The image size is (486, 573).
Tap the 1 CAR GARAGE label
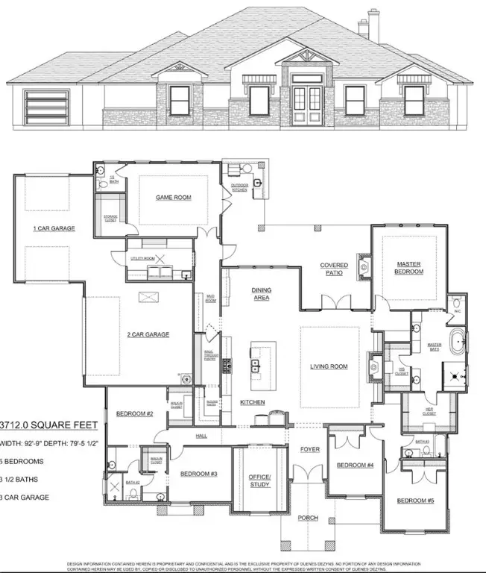(x=54, y=228)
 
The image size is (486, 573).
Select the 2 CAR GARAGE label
(x=148, y=334)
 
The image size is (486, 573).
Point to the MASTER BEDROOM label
(x=409, y=268)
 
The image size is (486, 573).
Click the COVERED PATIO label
(x=335, y=269)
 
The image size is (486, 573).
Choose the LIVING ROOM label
(x=329, y=366)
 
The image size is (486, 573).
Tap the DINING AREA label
(x=261, y=293)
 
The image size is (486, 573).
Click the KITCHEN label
(x=252, y=402)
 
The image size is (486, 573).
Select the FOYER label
(x=310, y=449)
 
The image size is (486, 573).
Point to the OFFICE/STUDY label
(x=259, y=480)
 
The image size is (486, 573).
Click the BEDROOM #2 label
(x=134, y=413)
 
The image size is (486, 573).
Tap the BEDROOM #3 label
(x=199, y=474)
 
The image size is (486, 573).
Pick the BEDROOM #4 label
(x=355, y=466)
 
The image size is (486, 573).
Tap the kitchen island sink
(x=255, y=366)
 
